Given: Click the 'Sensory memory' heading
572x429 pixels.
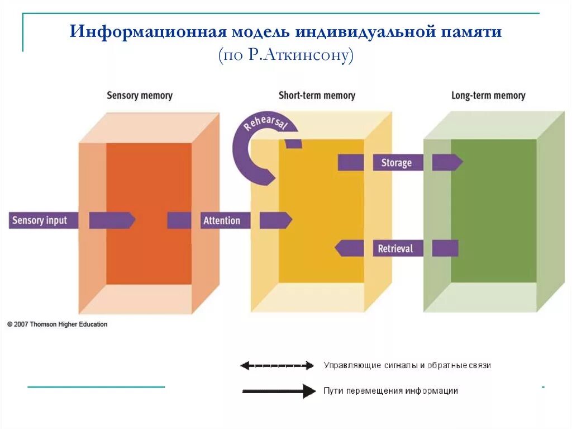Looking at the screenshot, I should [x=140, y=96].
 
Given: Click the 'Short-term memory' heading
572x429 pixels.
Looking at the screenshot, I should [x=317, y=96].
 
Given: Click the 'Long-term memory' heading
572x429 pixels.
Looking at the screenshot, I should [x=488, y=96].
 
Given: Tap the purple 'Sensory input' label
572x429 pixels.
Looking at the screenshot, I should [x=40, y=220].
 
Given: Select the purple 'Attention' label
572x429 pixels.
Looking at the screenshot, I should [x=222, y=220].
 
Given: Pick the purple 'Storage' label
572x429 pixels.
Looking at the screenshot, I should [x=396, y=163].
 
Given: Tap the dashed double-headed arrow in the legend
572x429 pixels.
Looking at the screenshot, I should [x=277, y=366].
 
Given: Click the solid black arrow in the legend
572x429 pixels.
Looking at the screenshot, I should [x=279, y=391].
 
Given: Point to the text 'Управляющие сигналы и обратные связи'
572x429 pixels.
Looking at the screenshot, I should [x=407, y=365].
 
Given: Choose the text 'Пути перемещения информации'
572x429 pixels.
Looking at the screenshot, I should [x=390, y=391].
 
